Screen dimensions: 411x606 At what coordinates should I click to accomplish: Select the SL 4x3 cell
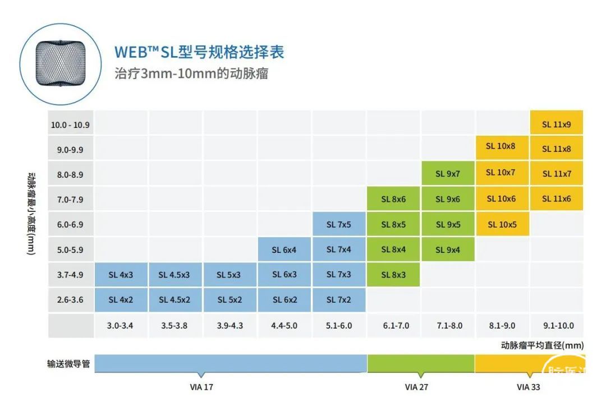[x=121, y=275]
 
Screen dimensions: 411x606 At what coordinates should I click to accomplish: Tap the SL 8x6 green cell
[x=393, y=199]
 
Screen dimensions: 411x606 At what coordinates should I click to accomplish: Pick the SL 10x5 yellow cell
[x=502, y=225]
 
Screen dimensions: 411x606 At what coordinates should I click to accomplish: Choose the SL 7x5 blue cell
[x=339, y=225]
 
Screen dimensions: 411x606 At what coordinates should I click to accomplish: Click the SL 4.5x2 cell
[x=174, y=300]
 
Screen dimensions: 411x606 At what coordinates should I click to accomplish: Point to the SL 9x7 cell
[x=448, y=174]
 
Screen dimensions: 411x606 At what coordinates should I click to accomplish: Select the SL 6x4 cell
[x=284, y=250]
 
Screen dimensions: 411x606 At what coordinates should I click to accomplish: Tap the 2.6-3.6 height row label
[x=70, y=300]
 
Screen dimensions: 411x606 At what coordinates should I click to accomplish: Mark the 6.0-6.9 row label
[x=70, y=225]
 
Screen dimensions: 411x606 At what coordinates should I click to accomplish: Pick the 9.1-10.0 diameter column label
[x=558, y=326]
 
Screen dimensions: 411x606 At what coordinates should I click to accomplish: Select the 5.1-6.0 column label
[x=338, y=326]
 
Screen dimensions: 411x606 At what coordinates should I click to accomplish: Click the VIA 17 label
[x=201, y=387]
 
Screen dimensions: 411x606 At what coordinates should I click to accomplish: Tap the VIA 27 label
[x=416, y=387]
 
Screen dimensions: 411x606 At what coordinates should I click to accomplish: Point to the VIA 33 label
[x=528, y=387]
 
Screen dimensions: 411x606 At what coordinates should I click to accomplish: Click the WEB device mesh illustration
[x=59, y=62]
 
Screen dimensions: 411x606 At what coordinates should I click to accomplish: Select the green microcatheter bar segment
[x=421, y=364]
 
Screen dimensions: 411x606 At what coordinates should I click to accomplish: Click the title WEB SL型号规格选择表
[x=199, y=52]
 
